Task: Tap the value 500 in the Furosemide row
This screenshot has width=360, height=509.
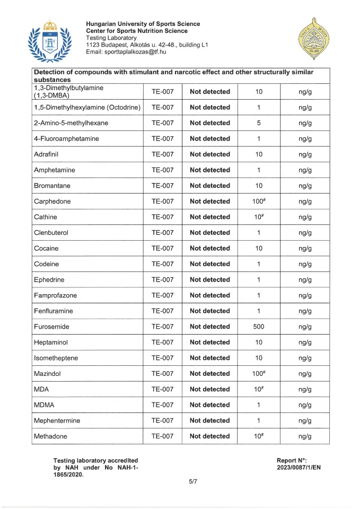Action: point(259,327)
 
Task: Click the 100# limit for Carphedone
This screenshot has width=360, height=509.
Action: point(259,201)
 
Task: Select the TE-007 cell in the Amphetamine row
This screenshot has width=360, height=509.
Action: point(162,170)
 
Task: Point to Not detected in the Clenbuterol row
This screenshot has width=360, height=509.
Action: point(210,233)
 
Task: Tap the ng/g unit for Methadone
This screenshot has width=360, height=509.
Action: point(304,436)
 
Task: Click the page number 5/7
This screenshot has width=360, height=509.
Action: point(180,482)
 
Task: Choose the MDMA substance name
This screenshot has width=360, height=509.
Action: point(44,405)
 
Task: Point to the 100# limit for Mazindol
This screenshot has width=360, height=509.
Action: point(259,374)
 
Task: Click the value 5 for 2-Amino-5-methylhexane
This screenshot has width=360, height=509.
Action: point(259,123)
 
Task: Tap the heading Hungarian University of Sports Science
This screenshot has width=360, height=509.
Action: point(143,24)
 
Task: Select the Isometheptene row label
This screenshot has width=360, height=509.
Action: point(56,358)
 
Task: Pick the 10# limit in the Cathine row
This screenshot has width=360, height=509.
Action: point(259,217)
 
